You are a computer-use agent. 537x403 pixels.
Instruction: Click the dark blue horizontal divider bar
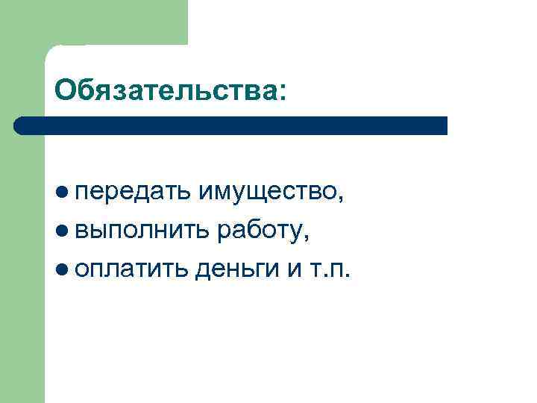(x=231, y=125)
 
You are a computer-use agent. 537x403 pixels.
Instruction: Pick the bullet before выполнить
(x=63, y=231)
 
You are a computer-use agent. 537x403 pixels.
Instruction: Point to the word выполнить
(x=142, y=231)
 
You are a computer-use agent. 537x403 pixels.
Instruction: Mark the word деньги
(x=236, y=269)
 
